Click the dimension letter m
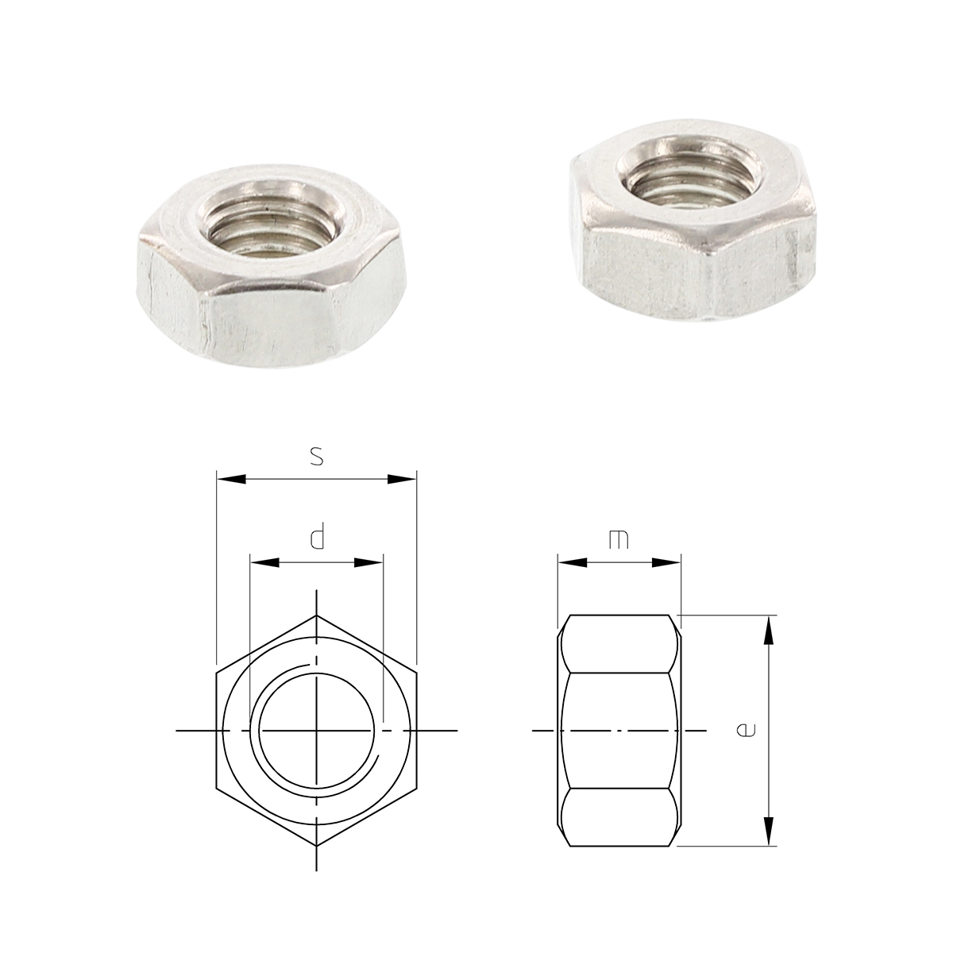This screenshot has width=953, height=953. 618,539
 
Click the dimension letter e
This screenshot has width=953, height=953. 746,730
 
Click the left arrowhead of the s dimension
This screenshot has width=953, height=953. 231,480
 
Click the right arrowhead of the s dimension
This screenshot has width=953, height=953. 402,480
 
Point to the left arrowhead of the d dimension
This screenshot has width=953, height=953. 264,562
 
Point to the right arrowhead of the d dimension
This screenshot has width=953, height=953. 369,562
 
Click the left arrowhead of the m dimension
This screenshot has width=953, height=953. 572,562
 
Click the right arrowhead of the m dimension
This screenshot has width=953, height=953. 666,562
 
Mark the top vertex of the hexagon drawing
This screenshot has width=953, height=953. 316,615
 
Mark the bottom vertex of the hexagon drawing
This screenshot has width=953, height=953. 316,845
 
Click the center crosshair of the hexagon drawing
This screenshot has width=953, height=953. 316,730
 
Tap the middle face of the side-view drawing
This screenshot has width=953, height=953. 619,730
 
